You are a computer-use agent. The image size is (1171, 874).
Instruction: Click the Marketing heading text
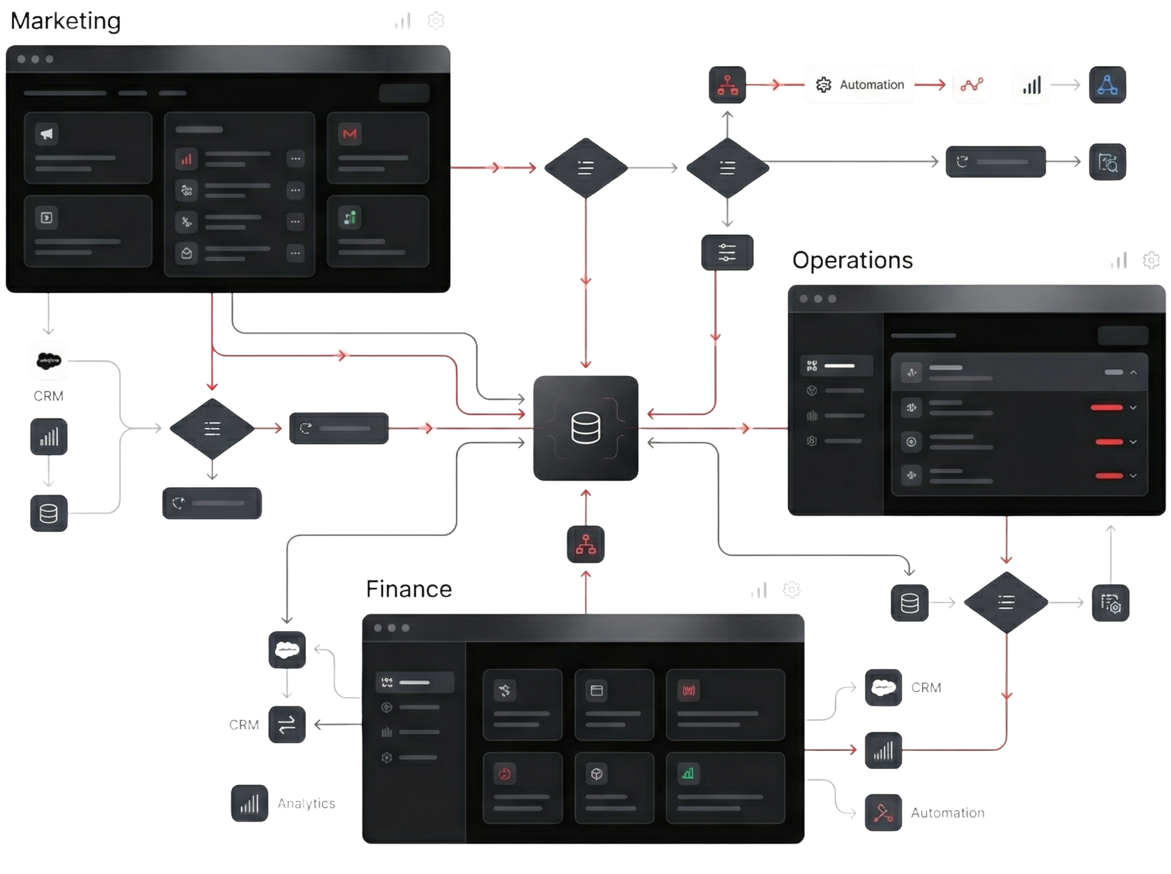click(65, 21)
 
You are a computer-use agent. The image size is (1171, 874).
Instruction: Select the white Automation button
click(859, 85)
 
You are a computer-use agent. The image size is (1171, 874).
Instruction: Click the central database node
click(586, 428)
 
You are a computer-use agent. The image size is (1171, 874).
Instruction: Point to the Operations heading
click(852, 260)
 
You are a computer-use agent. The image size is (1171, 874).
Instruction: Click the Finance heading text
click(409, 589)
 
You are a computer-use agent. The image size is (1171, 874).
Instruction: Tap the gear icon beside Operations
click(1151, 260)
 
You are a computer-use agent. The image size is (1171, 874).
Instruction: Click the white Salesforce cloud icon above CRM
click(49, 361)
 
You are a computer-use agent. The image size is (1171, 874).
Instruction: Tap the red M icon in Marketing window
click(349, 134)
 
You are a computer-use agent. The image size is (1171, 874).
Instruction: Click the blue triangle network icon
click(1108, 85)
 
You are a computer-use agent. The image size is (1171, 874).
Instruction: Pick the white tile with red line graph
click(971, 85)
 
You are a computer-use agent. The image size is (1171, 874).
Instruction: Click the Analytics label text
click(306, 804)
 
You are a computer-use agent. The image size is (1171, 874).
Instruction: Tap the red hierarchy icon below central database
click(586, 544)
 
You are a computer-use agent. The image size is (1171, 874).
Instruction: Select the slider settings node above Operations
click(727, 252)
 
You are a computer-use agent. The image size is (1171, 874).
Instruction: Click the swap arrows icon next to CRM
click(287, 724)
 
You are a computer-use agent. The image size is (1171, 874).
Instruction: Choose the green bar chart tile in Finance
click(687, 774)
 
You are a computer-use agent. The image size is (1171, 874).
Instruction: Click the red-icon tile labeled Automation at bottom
click(883, 813)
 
